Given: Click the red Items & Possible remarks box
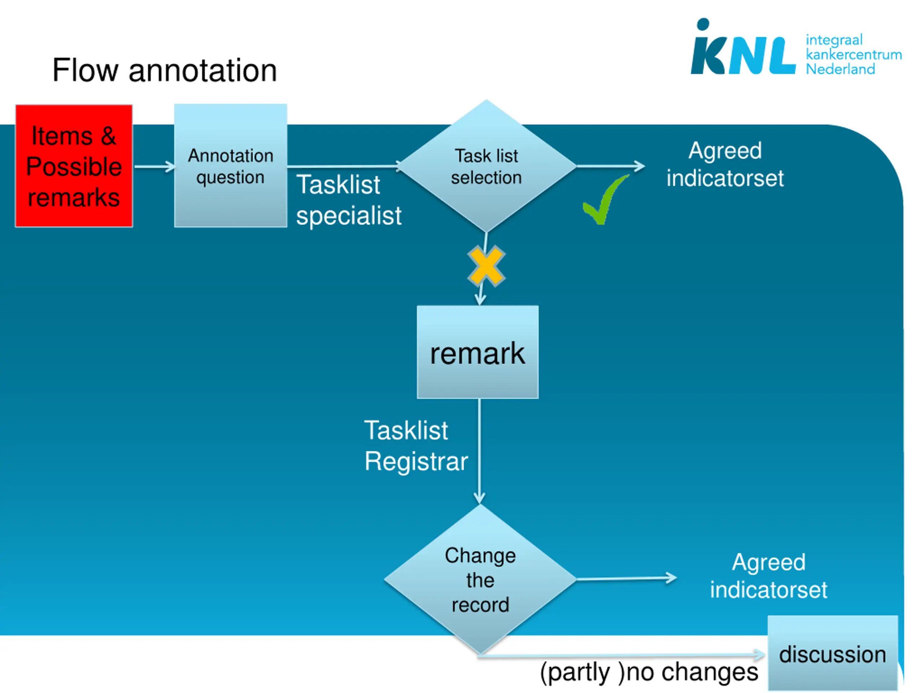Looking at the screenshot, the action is point(74,166).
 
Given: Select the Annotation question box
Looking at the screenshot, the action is point(231,165).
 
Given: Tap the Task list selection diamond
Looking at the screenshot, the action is point(487,166).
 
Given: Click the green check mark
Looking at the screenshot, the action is point(605,200).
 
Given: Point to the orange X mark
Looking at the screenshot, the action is point(486,266).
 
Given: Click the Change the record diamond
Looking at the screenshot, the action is point(480,579).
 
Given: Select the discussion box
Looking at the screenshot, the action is point(833,653).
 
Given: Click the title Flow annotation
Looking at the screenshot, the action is point(165,70).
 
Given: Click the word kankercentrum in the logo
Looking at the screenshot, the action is point(853,54).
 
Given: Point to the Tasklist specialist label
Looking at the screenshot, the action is point(349,200).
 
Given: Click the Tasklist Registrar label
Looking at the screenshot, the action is point(416,446).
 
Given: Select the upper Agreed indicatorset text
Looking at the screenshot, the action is point(725,164).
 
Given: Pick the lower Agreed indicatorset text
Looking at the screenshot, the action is point(768,576).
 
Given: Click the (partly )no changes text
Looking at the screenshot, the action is point(649,672).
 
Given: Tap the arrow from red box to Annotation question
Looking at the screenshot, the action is point(154,166).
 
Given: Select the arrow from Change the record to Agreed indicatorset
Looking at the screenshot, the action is point(627,579).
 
